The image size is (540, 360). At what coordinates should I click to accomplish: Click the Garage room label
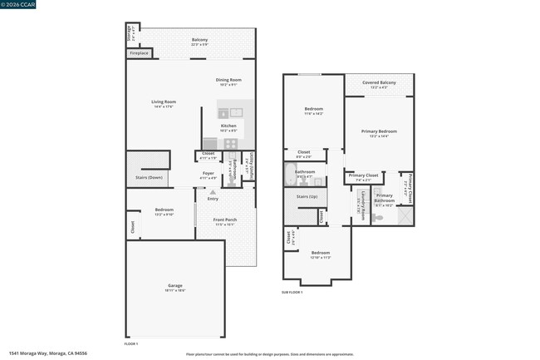(175, 285)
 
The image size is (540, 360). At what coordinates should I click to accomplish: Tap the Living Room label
(164, 102)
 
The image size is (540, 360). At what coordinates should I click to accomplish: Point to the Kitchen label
(228, 126)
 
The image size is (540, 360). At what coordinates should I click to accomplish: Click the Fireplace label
(140, 53)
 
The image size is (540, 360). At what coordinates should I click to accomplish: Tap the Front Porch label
(226, 219)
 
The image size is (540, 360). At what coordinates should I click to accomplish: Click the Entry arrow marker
(213, 193)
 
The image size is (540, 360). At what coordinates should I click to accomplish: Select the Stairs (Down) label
(150, 177)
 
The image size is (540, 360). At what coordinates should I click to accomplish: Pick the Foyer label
(209, 173)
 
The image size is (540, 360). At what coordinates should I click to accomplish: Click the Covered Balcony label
(379, 83)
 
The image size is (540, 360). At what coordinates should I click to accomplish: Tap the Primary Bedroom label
(379, 131)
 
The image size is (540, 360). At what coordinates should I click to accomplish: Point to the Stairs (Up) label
(307, 196)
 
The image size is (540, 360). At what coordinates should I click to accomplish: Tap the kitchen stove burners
(231, 144)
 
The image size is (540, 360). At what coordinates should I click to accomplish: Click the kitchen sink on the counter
(235, 112)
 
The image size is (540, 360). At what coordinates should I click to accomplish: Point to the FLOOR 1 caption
(131, 343)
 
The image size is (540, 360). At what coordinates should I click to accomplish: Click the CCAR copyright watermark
(18, 4)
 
